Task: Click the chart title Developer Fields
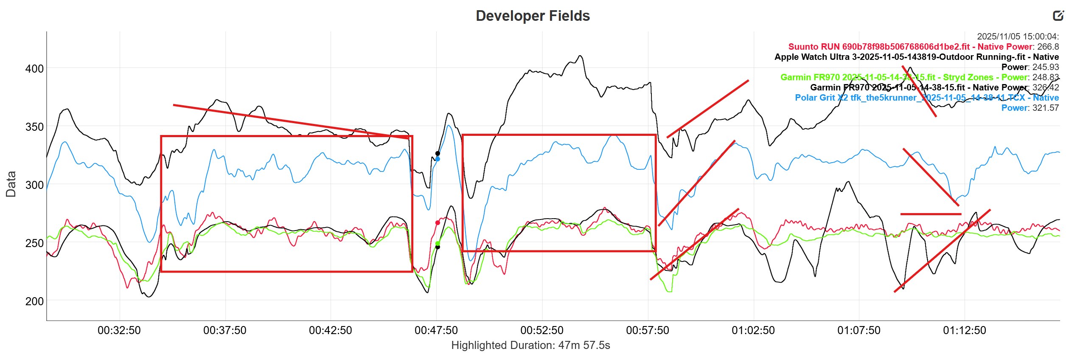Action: coord(533,16)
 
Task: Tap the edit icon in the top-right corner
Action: coord(1058,16)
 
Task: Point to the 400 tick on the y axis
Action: coord(34,69)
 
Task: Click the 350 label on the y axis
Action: coord(34,127)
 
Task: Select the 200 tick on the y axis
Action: coord(34,301)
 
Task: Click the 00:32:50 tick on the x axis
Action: coord(119,330)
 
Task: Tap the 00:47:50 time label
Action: coord(436,330)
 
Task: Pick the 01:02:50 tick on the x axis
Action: coord(753,330)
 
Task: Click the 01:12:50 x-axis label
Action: coord(965,330)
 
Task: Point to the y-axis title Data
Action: coord(11,184)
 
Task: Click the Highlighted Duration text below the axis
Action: coord(530,345)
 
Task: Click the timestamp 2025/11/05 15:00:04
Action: coord(1018,37)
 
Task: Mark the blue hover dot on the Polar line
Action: coord(438,159)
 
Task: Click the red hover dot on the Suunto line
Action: coord(438,223)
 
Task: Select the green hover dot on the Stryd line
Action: coord(438,244)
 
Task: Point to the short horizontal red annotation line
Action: coord(931,214)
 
